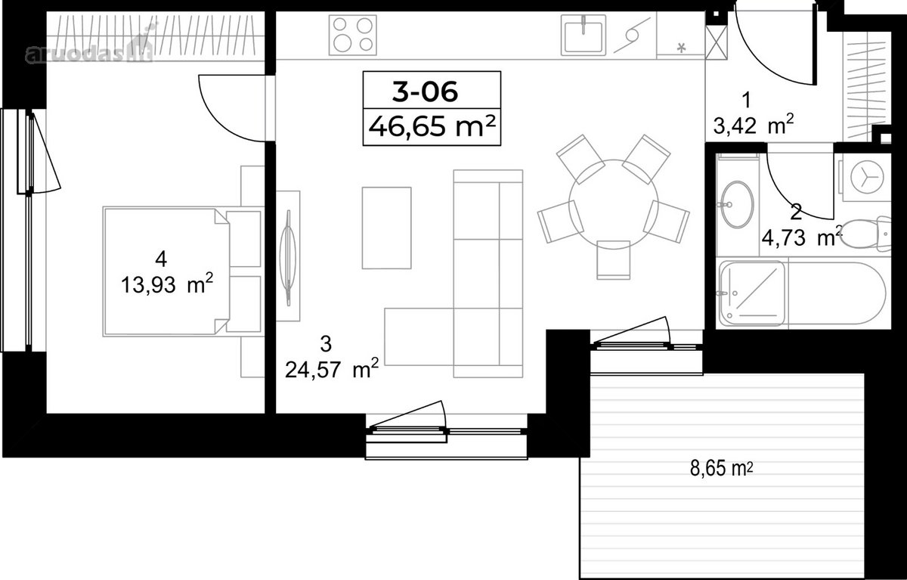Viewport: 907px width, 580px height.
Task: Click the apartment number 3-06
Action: tap(425, 91)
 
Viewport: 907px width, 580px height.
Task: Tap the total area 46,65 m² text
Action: tap(432, 126)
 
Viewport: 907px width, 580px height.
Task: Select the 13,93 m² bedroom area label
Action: tap(167, 284)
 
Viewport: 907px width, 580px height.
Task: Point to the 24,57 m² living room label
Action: tap(332, 369)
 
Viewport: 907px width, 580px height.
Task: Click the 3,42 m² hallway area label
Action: tap(753, 126)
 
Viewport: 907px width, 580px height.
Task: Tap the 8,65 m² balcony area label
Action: tap(722, 468)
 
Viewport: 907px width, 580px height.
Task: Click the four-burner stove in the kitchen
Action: tap(353, 36)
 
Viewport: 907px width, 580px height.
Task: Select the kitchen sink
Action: tap(584, 36)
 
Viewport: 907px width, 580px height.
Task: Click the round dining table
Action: tap(614, 203)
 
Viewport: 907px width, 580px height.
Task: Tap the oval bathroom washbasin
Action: tap(736, 204)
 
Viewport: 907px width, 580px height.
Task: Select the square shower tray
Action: tap(752, 293)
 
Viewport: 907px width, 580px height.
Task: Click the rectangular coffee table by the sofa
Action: tap(387, 228)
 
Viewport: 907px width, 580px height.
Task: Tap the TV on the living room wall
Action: tap(288, 258)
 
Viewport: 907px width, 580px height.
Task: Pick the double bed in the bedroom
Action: tap(183, 271)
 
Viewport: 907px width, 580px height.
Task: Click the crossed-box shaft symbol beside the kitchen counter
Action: tap(717, 43)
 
